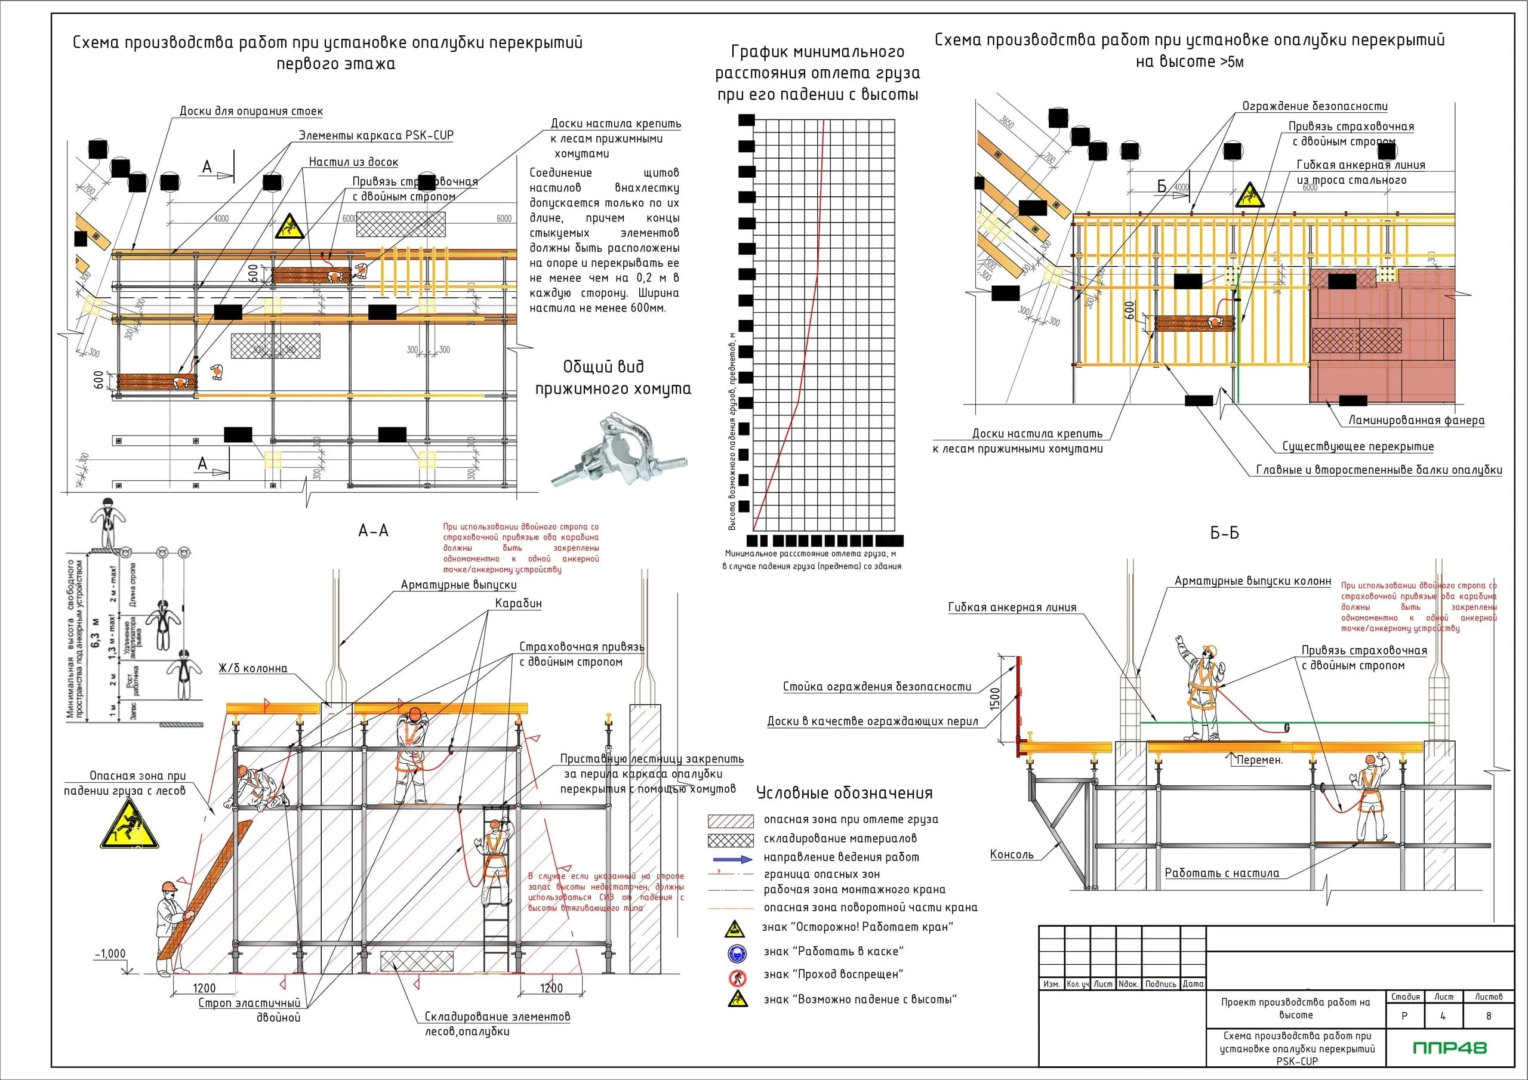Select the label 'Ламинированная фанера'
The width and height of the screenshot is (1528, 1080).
click(1416, 420)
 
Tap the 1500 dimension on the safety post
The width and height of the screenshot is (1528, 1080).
click(995, 698)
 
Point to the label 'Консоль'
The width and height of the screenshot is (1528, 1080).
click(1012, 854)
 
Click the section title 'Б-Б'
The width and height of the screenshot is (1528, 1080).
click(1225, 533)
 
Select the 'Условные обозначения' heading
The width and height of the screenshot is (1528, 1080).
click(844, 792)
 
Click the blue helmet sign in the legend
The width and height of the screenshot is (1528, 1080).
click(737, 953)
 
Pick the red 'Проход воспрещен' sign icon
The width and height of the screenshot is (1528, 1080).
click(737, 977)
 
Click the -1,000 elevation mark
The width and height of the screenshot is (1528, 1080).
click(110, 954)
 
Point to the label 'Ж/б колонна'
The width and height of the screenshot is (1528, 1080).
click(253, 668)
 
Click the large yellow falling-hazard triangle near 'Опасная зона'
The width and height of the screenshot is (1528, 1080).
click(129, 825)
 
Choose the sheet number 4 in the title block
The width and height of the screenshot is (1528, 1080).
click(1443, 1016)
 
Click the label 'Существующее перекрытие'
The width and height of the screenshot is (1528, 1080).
click(1358, 446)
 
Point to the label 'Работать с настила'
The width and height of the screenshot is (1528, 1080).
click(1222, 873)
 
